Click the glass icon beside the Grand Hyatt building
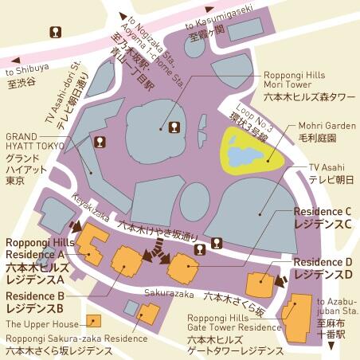(x=100, y=142)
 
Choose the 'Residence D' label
(x=323, y=262)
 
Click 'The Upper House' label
(x=42, y=324)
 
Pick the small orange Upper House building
(x=94, y=321)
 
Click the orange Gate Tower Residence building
(x=298, y=315)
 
